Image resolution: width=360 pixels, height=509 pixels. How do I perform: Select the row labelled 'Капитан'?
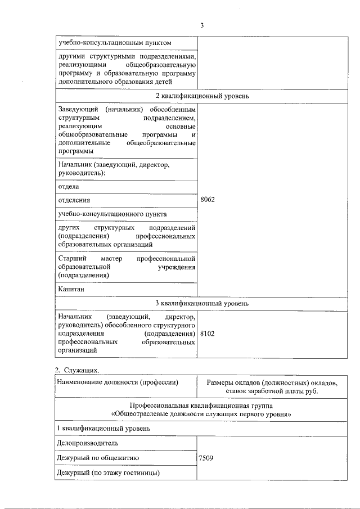pos(71,289)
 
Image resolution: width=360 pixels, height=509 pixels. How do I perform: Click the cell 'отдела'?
pos(68,186)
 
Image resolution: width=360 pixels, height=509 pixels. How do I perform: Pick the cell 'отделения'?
pos(74,200)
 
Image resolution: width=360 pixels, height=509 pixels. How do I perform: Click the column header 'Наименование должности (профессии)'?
pos(118,383)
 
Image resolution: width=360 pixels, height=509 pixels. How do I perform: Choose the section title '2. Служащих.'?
pos(77,370)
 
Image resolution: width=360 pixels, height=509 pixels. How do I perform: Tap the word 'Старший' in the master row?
pos(71,258)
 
